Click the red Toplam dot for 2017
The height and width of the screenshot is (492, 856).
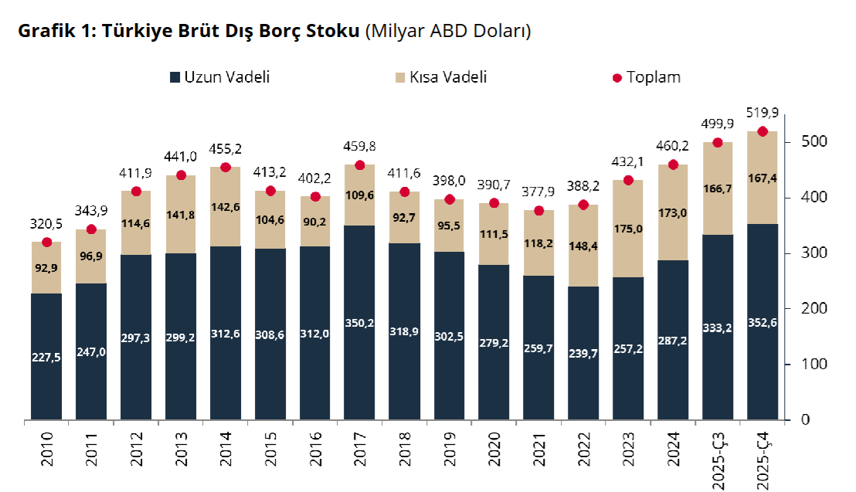point(359,165)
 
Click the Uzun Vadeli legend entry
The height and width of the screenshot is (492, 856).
point(219,77)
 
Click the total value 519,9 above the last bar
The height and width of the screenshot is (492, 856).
point(763,114)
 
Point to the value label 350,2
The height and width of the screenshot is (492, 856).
point(359,323)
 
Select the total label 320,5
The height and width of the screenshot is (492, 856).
point(46,226)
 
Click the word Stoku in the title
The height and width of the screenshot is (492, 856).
point(333,31)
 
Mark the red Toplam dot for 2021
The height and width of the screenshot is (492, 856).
point(538,211)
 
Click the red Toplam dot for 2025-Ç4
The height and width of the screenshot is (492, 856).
point(763,131)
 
